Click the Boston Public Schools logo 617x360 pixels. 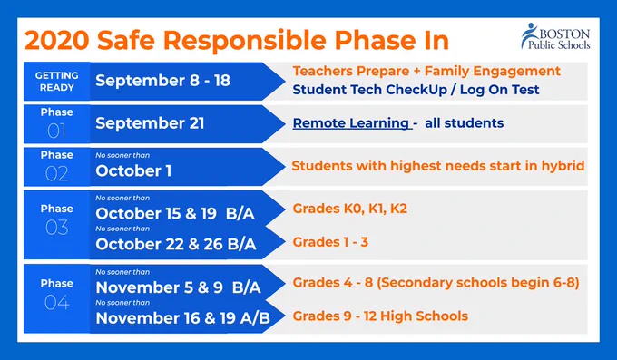[x=555, y=36]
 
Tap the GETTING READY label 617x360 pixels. [x=56, y=82]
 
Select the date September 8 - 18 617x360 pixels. [x=162, y=81]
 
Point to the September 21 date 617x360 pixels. [x=150, y=123]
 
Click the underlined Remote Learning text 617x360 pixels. [x=350, y=123]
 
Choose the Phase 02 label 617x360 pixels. [x=56, y=167]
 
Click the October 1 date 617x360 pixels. [x=133, y=170]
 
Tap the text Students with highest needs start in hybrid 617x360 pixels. [x=438, y=166]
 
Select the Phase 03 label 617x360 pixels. [x=56, y=220]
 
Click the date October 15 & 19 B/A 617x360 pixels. [x=175, y=213]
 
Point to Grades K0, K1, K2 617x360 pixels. [x=350, y=209]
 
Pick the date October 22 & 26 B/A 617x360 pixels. [x=176, y=244]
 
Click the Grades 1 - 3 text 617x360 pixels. [x=330, y=241]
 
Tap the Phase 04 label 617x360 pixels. [x=56, y=295]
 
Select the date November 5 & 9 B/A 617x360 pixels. [x=178, y=287]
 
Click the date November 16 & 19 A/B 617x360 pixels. [x=183, y=318]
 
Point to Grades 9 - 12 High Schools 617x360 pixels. [x=380, y=316]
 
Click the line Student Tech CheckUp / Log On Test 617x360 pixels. [x=416, y=90]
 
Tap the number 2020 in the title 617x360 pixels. [x=56, y=41]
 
